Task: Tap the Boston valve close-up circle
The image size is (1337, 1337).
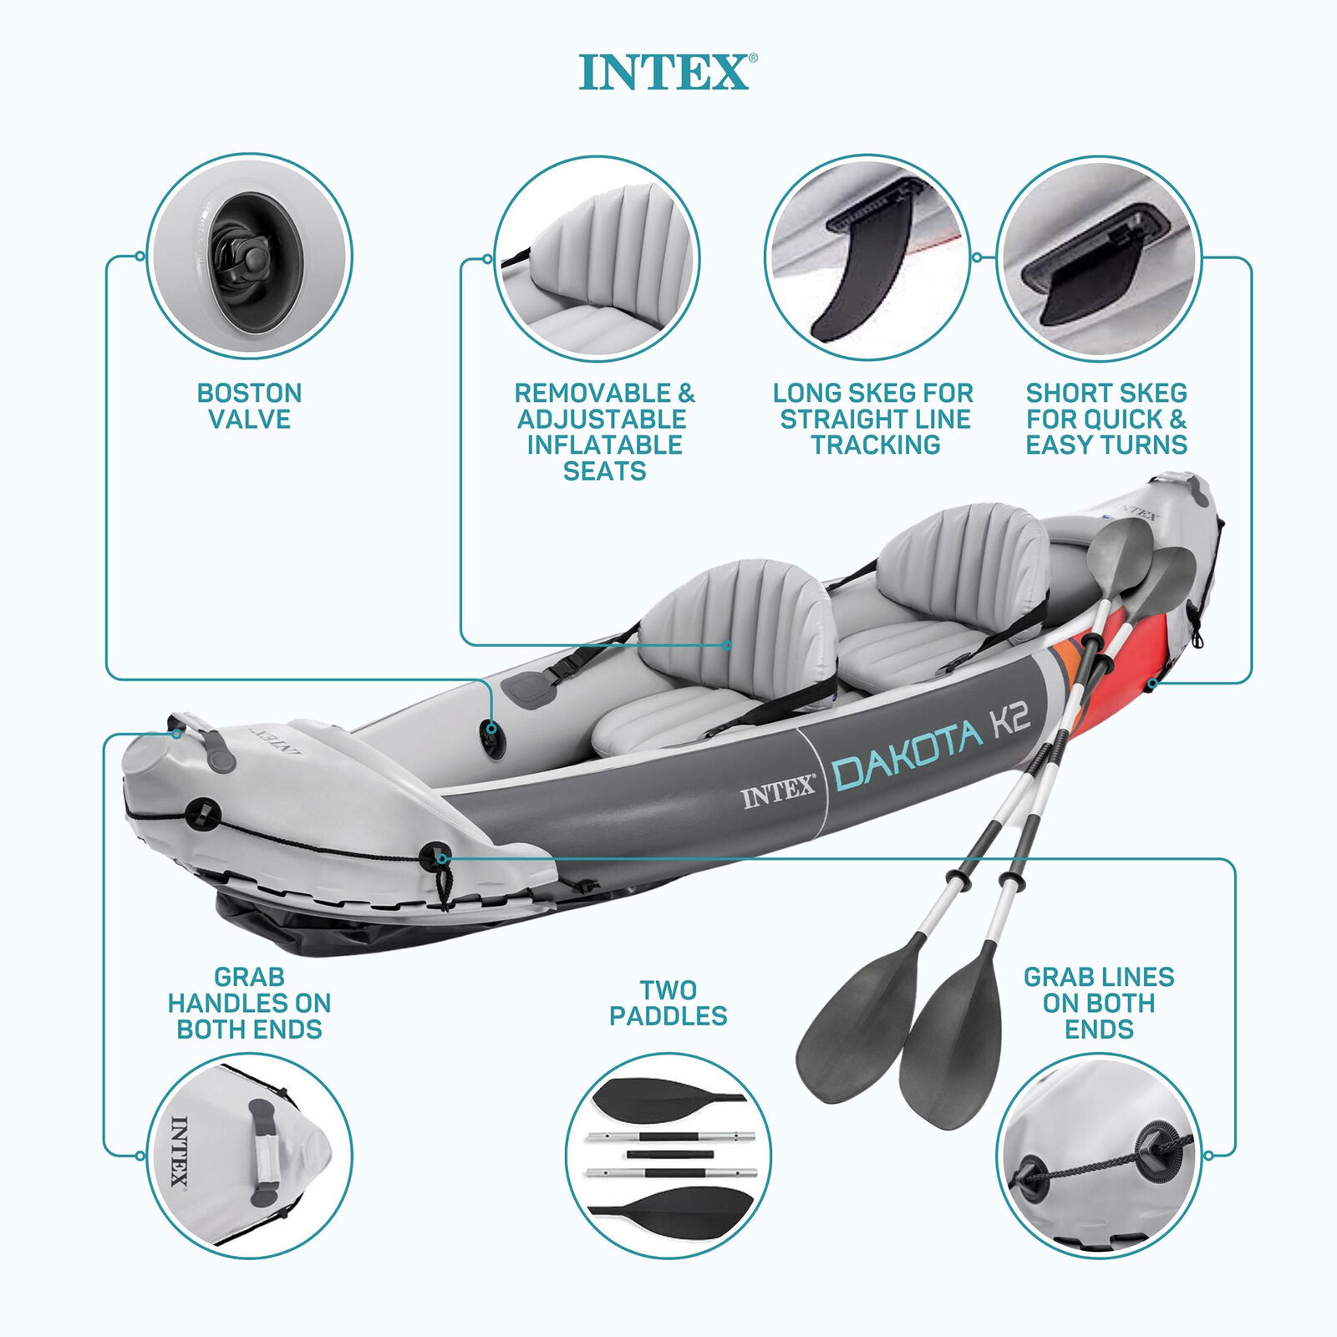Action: pos(249,257)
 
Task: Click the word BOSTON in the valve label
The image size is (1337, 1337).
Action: pos(249,393)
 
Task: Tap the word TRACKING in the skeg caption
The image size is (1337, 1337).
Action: pos(875,445)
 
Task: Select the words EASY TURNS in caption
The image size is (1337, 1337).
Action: pos(1106,445)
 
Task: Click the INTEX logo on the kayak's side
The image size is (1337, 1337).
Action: pos(777,792)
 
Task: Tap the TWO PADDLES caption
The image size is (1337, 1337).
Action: pos(668,1003)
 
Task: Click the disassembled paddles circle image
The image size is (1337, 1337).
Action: pos(668,1157)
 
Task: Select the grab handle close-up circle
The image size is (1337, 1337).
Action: pos(249,1157)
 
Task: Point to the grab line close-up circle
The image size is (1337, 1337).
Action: pos(1099,1157)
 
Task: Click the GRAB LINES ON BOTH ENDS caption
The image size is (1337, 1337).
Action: pos(1098,1003)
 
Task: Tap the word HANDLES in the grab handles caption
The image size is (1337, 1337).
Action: pos(249,1003)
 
